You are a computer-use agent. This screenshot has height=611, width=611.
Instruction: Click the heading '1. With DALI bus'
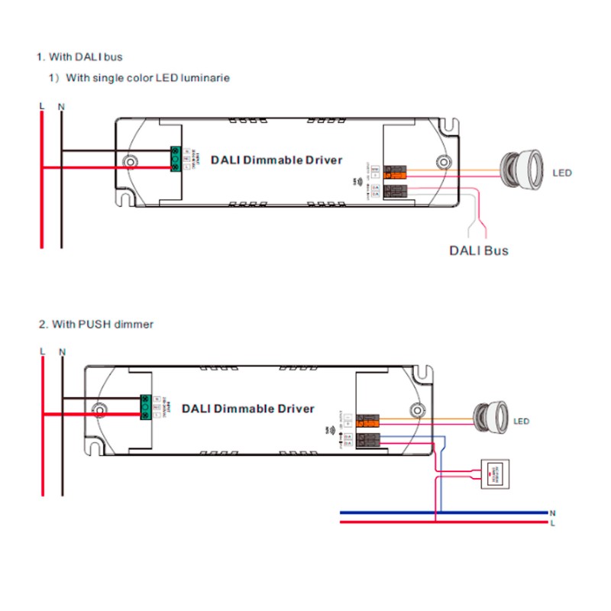click(79, 57)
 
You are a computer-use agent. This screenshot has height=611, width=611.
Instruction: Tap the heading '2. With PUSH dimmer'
click(96, 324)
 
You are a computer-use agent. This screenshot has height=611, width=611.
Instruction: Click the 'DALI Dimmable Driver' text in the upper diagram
click(276, 160)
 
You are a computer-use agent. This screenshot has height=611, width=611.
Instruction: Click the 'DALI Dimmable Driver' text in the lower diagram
click(248, 409)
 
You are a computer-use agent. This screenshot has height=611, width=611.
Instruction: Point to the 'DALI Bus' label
click(477, 251)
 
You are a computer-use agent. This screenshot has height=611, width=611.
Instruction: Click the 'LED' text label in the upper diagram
click(561, 173)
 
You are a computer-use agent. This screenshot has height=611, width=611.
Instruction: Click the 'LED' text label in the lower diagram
click(522, 422)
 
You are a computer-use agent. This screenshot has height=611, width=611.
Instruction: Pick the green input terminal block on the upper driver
click(176, 158)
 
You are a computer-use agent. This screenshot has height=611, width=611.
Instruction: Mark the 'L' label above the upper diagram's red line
click(42, 105)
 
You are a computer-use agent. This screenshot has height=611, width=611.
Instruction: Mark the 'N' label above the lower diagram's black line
click(63, 351)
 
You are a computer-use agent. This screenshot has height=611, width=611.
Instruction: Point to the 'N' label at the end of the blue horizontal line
click(552, 512)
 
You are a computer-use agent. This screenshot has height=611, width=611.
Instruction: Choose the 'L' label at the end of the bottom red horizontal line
click(552, 523)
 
